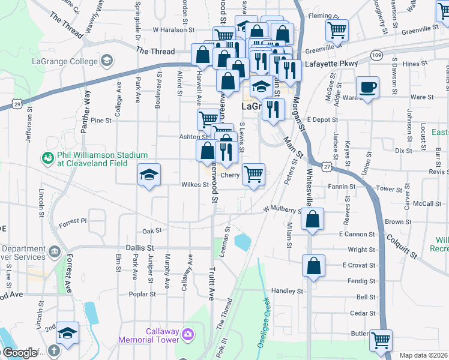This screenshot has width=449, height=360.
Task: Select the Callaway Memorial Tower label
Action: (x=161, y=335)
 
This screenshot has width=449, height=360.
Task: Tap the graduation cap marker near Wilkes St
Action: (x=149, y=175)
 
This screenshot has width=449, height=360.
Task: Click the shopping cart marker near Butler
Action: (x=381, y=341)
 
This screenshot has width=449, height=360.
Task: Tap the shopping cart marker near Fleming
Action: (x=337, y=29)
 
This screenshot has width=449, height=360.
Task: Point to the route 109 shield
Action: (x=376, y=55)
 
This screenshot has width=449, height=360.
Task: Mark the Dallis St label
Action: (x=140, y=247)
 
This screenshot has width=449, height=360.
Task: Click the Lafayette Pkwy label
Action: (x=331, y=63)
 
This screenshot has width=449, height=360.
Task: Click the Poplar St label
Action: (x=143, y=295)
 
